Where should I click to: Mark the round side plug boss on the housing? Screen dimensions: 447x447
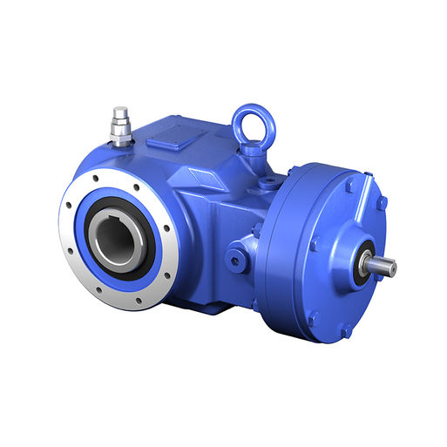[x=237, y=259]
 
